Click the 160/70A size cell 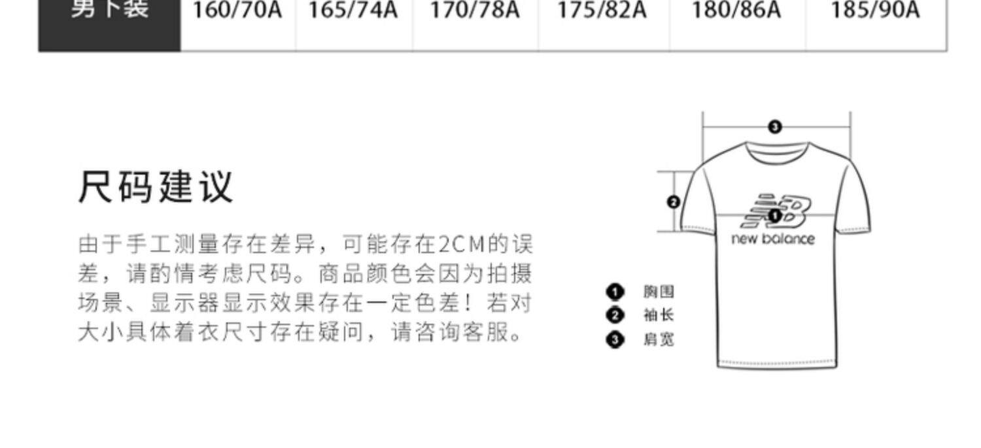[x=237, y=11]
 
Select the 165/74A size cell [x=353, y=11]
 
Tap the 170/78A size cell [x=475, y=11]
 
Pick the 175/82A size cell [x=602, y=11]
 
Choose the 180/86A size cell [x=736, y=11]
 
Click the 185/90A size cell [x=875, y=11]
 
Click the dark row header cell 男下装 [x=109, y=11]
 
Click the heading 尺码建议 [x=156, y=187]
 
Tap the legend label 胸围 [x=658, y=292]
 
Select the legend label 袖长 [x=658, y=315]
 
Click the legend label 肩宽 [x=658, y=339]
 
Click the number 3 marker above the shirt [x=775, y=127]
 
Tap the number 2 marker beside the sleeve [x=674, y=202]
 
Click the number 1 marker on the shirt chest [x=775, y=215]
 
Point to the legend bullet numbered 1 [x=615, y=292]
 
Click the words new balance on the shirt [x=773, y=239]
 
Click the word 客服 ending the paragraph [x=493, y=333]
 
